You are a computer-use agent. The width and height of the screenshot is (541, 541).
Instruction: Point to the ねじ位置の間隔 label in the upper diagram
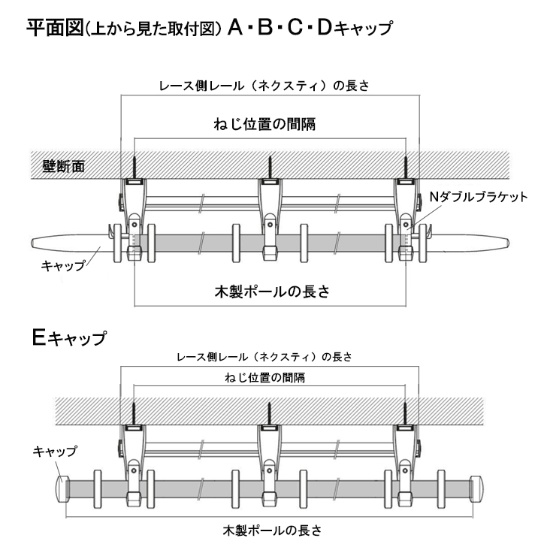coord(270,125)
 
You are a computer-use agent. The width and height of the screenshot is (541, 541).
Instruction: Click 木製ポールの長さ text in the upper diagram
coord(271,290)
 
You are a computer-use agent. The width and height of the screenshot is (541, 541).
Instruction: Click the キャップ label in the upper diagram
coord(63,265)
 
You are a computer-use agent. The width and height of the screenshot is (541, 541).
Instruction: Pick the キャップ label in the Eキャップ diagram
coord(54,451)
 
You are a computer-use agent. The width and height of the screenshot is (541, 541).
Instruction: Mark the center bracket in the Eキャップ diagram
coord(270,458)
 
